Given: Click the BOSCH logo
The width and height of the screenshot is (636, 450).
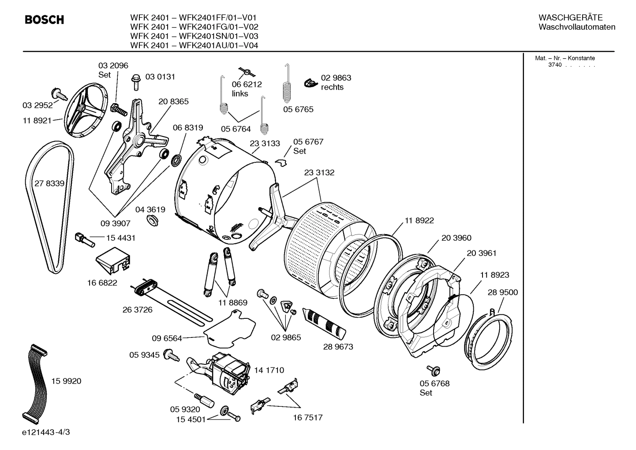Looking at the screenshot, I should pyautogui.click(x=45, y=20).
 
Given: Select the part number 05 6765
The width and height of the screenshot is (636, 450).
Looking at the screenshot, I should pyautogui.click(x=298, y=109).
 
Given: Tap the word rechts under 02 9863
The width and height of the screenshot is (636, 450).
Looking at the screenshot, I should pyautogui.click(x=332, y=87).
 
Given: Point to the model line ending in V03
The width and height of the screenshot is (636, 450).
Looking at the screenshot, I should pyautogui.click(x=194, y=36).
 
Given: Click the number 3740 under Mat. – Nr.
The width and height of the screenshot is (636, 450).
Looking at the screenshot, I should pyautogui.click(x=555, y=65).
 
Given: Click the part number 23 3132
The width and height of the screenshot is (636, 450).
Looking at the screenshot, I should pyautogui.click(x=319, y=173).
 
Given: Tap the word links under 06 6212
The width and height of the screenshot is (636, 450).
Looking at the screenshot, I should pyautogui.click(x=240, y=94).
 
